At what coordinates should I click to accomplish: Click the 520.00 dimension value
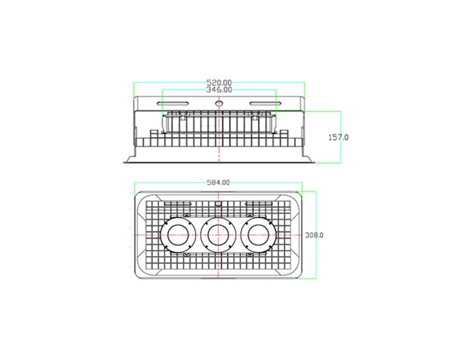coord(219,83)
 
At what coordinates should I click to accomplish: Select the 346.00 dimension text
coord(219,90)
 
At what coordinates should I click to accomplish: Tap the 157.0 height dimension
coord(339,137)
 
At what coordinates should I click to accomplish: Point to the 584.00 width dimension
coord(218,182)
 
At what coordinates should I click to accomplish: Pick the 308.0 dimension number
coord(314,235)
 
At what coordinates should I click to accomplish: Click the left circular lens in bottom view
coord(178,235)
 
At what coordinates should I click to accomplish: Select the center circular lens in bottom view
coord(218,235)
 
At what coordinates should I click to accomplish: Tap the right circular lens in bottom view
coord(258,235)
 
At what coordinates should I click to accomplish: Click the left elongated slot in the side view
coord(173,103)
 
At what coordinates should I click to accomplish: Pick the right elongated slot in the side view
coord(265,103)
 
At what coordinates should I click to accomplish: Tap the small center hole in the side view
coord(219,103)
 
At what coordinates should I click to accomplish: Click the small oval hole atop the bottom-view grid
coord(218,204)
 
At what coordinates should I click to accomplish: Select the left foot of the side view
coord(131,159)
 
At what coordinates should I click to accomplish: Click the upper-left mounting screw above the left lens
coord(187,215)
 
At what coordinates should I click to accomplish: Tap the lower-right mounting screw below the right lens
coord(250,254)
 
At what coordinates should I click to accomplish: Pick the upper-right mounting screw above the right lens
coord(250,215)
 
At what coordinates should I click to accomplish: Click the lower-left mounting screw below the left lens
coord(187,254)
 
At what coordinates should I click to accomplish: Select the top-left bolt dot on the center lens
coord(207,223)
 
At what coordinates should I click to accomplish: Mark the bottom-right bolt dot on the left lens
coord(190,247)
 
